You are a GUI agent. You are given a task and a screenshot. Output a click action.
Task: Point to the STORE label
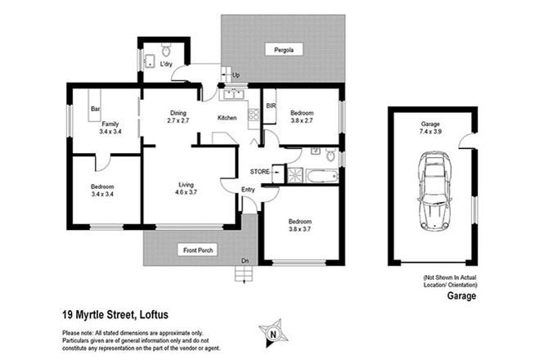point(259,172)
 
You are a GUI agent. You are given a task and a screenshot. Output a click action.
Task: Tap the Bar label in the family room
point(95,109)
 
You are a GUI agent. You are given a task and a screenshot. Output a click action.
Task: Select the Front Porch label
point(198,251)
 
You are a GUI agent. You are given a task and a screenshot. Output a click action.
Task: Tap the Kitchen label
point(227,118)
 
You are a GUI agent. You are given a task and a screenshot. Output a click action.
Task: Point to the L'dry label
point(166,64)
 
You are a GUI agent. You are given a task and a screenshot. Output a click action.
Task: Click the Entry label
point(249,190)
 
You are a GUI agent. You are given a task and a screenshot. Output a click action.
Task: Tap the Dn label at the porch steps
point(245,262)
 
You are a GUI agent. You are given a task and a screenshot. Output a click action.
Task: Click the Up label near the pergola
point(236,76)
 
